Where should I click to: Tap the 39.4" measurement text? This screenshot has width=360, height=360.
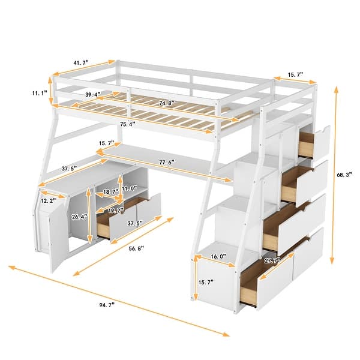[x=93, y=94]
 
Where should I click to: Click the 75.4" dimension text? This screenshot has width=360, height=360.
[x=127, y=125]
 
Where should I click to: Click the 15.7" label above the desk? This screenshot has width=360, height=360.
[x=106, y=142]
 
